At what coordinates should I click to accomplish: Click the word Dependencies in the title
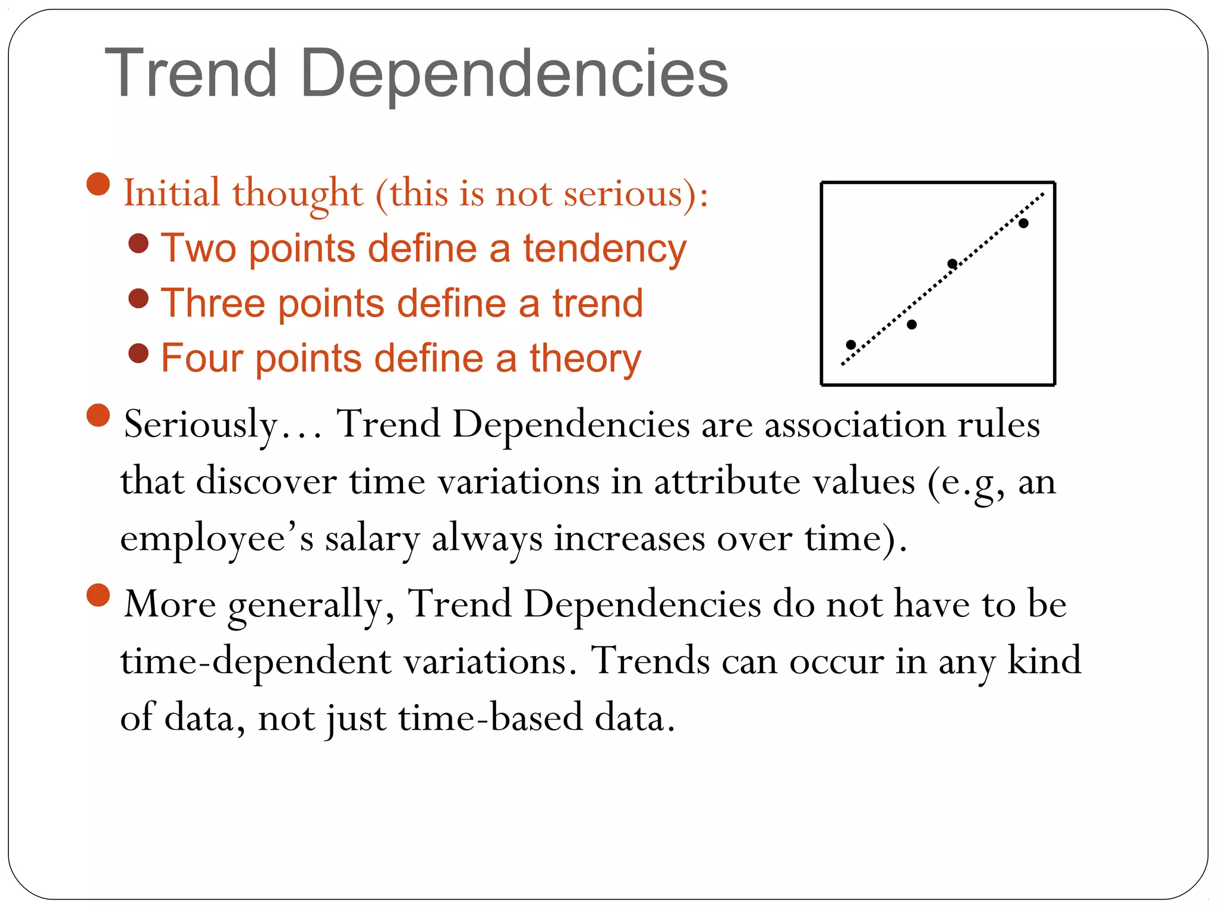pos(514,74)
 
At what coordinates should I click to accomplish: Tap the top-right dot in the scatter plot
pos(1023,223)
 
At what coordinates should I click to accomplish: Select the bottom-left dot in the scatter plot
pos(850,345)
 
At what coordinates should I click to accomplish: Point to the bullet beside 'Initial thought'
pos(99,184)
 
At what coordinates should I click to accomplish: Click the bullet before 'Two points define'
pos(138,243)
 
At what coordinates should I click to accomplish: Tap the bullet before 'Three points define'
pos(138,298)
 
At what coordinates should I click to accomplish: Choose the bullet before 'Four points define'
pos(138,353)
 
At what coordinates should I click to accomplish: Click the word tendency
pos(604,248)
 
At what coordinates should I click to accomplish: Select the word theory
pos(585,359)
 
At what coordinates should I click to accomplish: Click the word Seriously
pos(201,425)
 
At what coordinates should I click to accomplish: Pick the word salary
pos(372,539)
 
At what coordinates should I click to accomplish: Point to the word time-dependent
pos(256,661)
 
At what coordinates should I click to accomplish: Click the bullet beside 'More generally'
pos(99,595)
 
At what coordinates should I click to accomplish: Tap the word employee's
pos(217,539)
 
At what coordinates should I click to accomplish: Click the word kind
pos(1044,660)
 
